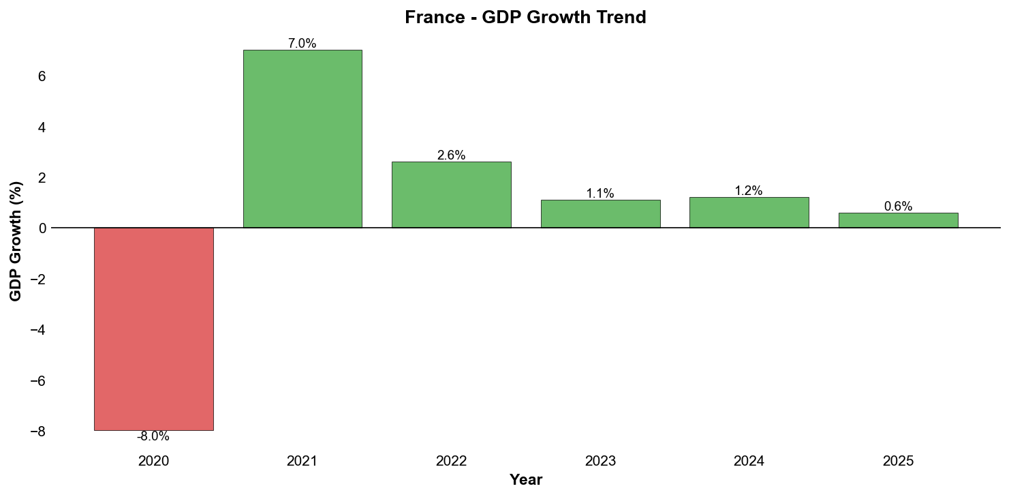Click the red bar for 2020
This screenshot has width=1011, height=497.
click(x=153, y=329)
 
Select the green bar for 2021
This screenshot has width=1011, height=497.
click(x=302, y=139)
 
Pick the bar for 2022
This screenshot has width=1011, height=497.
click(x=451, y=195)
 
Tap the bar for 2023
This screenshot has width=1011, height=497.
click(x=600, y=214)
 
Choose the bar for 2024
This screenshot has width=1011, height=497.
click(x=749, y=213)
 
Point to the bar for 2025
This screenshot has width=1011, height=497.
click(x=898, y=220)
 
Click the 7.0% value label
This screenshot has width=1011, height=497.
click(x=302, y=44)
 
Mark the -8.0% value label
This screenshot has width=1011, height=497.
click(x=153, y=437)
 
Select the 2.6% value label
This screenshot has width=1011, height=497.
click(x=451, y=155)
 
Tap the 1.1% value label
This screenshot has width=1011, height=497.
click(x=600, y=194)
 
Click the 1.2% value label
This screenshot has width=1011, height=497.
click(x=749, y=191)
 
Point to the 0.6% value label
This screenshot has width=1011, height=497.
click(x=898, y=207)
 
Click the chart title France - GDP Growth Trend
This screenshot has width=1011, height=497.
click(x=525, y=18)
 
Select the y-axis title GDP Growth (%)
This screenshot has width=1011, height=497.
click(x=16, y=241)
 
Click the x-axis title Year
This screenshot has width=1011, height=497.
click(x=526, y=480)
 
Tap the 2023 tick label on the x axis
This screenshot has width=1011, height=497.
click(x=600, y=462)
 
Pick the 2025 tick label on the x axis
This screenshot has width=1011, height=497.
click(x=898, y=462)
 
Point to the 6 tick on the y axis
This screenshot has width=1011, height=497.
click(x=42, y=76)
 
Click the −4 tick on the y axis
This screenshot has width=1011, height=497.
click(x=38, y=330)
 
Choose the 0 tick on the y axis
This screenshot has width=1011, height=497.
click(x=42, y=228)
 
